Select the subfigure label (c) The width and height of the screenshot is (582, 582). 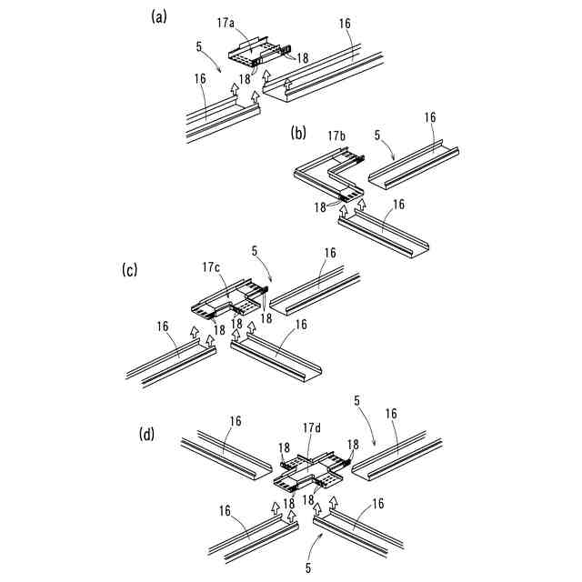(130, 269)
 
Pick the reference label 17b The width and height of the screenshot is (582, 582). (336, 136)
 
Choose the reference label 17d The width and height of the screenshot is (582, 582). (313, 426)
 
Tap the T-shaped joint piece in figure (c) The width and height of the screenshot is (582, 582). (226, 302)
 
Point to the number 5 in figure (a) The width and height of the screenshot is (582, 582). (199, 44)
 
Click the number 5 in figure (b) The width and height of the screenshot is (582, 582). (376, 136)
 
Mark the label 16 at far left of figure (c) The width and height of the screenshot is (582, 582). (162, 326)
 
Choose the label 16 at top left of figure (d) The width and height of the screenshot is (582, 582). (236, 421)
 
